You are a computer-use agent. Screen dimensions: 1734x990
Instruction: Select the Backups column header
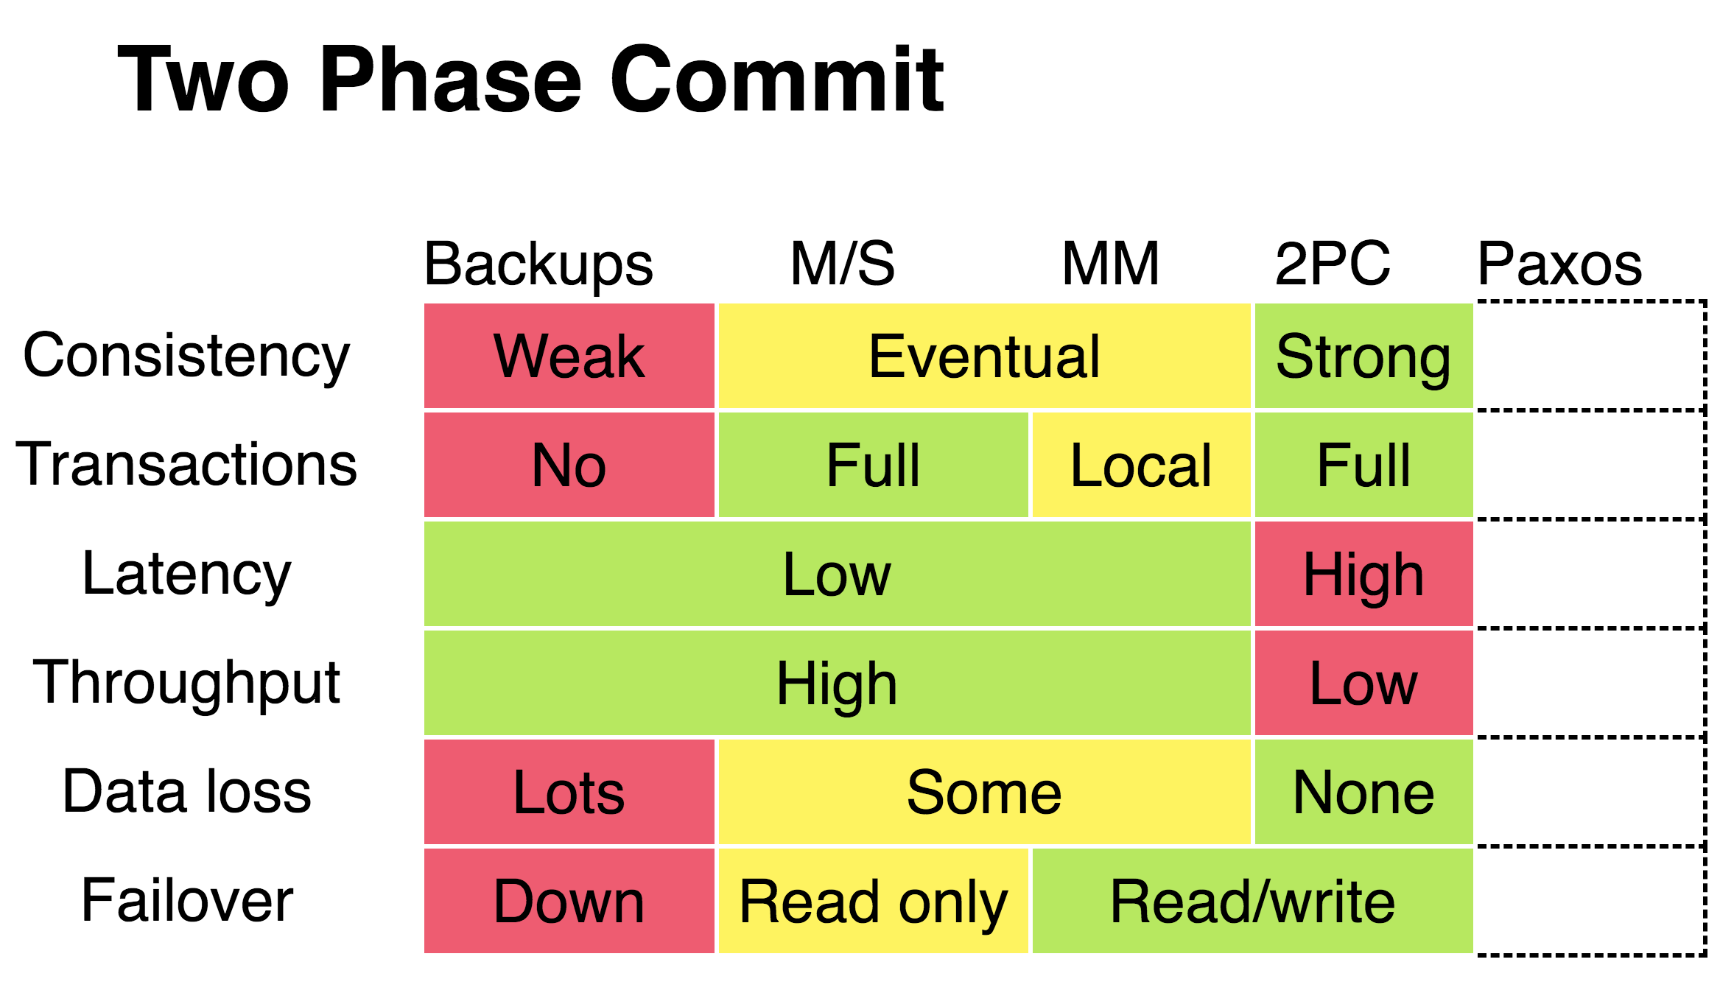coord(538,264)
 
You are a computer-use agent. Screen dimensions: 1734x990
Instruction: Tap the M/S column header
coord(842,263)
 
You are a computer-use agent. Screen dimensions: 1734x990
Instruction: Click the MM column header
coord(1111,263)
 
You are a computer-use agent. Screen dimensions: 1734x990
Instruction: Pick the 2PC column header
coord(1333,263)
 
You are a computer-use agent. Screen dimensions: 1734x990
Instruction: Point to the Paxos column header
coord(1559,263)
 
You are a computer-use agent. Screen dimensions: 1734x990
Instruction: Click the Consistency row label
coord(186,357)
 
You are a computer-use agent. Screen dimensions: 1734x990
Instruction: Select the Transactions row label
coord(186,464)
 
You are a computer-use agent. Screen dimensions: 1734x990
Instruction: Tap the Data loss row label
coord(187,791)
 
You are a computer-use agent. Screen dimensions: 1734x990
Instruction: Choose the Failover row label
coord(187,900)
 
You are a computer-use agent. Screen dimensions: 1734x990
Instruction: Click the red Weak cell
coord(569,356)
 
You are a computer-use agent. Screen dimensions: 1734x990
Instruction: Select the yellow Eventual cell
coord(985,356)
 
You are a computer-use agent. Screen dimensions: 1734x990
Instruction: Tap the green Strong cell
coord(1364,356)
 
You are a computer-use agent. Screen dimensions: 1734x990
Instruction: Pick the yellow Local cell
coord(1142,465)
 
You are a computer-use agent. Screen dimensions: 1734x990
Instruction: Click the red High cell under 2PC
coord(1364,574)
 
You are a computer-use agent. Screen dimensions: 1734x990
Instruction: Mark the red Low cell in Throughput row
coord(1364,683)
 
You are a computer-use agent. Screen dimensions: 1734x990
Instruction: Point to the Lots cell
coord(569,792)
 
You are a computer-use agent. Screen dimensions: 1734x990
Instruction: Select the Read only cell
coord(874,901)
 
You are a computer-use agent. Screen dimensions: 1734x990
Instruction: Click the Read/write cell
coord(1253,901)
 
